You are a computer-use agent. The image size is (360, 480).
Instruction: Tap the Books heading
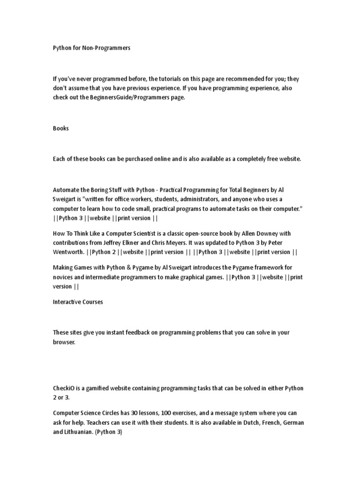[x=60, y=128]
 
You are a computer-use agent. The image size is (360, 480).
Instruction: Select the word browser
[x=64, y=342]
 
